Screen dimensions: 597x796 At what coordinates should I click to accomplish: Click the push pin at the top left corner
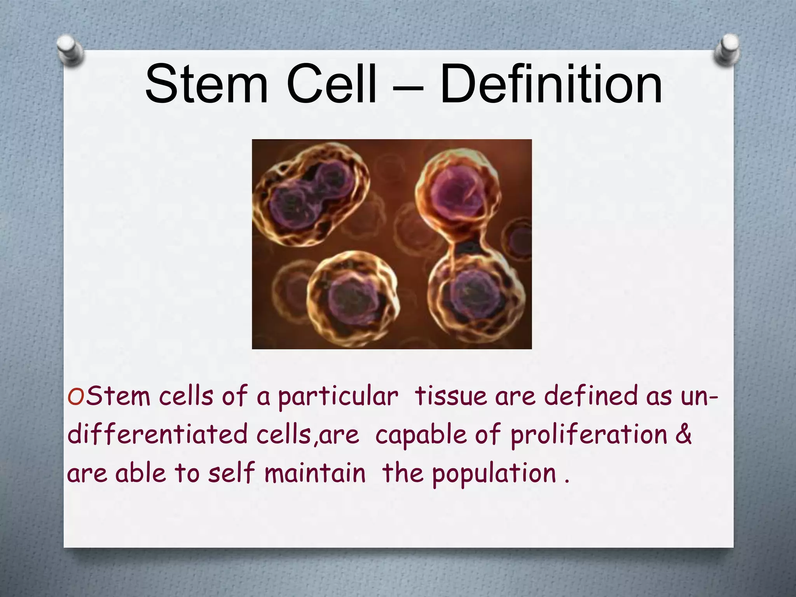click(x=70, y=50)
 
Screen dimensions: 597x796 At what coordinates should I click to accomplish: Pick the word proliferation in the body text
click(x=588, y=435)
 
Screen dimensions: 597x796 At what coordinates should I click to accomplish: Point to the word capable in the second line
click(x=421, y=435)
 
